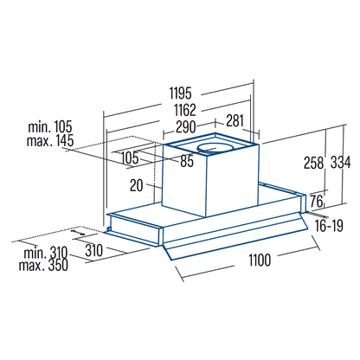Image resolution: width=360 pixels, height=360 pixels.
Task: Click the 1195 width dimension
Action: pyautogui.click(x=180, y=93)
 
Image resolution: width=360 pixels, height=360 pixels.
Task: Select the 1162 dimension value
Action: pyautogui.click(x=185, y=110)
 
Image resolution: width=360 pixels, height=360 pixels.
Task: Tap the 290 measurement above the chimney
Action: pyautogui.click(x=186, y=127)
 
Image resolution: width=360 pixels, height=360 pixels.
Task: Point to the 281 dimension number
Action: pyautogui.click(x=235, y=120)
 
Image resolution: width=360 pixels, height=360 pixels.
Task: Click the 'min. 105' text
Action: pyautogui.click(x=50, y=127)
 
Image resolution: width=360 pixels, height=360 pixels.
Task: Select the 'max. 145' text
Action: pyautogui.click(x=50, y=140)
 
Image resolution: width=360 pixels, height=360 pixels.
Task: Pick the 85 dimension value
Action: pyautogui.click(x=187, y=161)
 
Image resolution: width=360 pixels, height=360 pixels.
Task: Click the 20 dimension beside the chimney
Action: pyautogui.click(x=136, y=185)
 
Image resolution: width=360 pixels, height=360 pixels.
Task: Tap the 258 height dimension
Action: pyautogui.click(x=313, y=163)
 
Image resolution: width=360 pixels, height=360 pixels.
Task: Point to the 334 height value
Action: pyautogui.click(x=340, y=163)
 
